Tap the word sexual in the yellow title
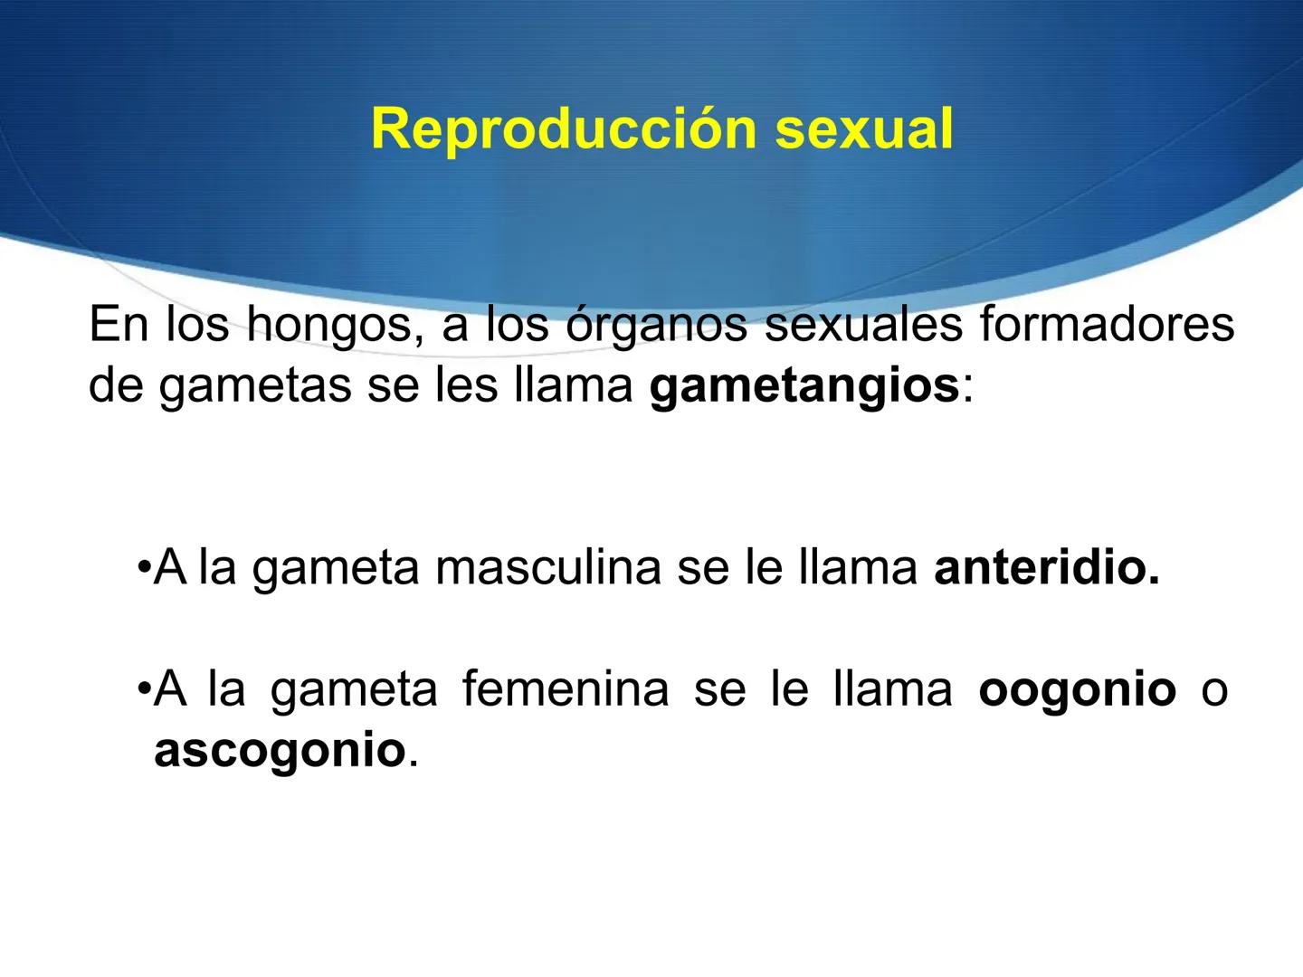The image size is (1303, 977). [863, 128]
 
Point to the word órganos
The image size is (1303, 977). [659, 326]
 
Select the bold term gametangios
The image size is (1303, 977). [804, 386]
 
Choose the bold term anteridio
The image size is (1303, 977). [1046, 568]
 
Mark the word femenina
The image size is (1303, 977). [566, 689]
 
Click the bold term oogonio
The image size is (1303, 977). [1077, 689]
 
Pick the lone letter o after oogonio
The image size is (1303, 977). [1214, 691]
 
